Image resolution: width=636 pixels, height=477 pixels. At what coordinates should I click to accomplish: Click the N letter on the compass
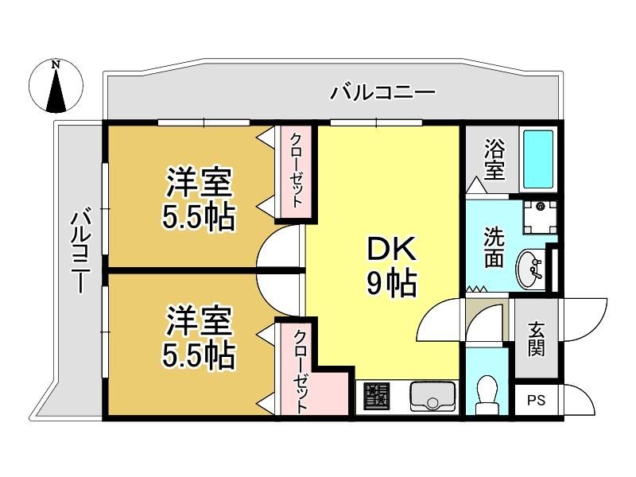56,64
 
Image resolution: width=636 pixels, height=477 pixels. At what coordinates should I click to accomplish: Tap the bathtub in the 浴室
538,160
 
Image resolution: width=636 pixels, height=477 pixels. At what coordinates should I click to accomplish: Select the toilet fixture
486,394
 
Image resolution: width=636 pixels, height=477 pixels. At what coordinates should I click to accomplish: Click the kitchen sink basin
432,395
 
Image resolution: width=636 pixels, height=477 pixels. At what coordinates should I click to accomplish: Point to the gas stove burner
376,395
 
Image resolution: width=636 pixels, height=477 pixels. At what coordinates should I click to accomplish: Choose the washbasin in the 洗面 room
529,269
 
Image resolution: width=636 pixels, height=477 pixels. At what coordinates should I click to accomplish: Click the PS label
536,401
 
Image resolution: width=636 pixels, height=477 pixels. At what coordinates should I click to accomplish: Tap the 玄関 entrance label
536,339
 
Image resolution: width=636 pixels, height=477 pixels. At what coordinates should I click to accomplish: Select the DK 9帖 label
391,266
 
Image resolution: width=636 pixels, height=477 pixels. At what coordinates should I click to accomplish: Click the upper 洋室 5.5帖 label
199,200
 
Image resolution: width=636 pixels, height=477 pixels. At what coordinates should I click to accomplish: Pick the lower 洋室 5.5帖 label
199,338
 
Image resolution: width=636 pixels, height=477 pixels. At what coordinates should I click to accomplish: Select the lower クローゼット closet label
300,371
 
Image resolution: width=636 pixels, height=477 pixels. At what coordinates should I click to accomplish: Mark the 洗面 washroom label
494,247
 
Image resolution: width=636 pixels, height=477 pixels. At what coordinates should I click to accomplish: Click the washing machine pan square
540,217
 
